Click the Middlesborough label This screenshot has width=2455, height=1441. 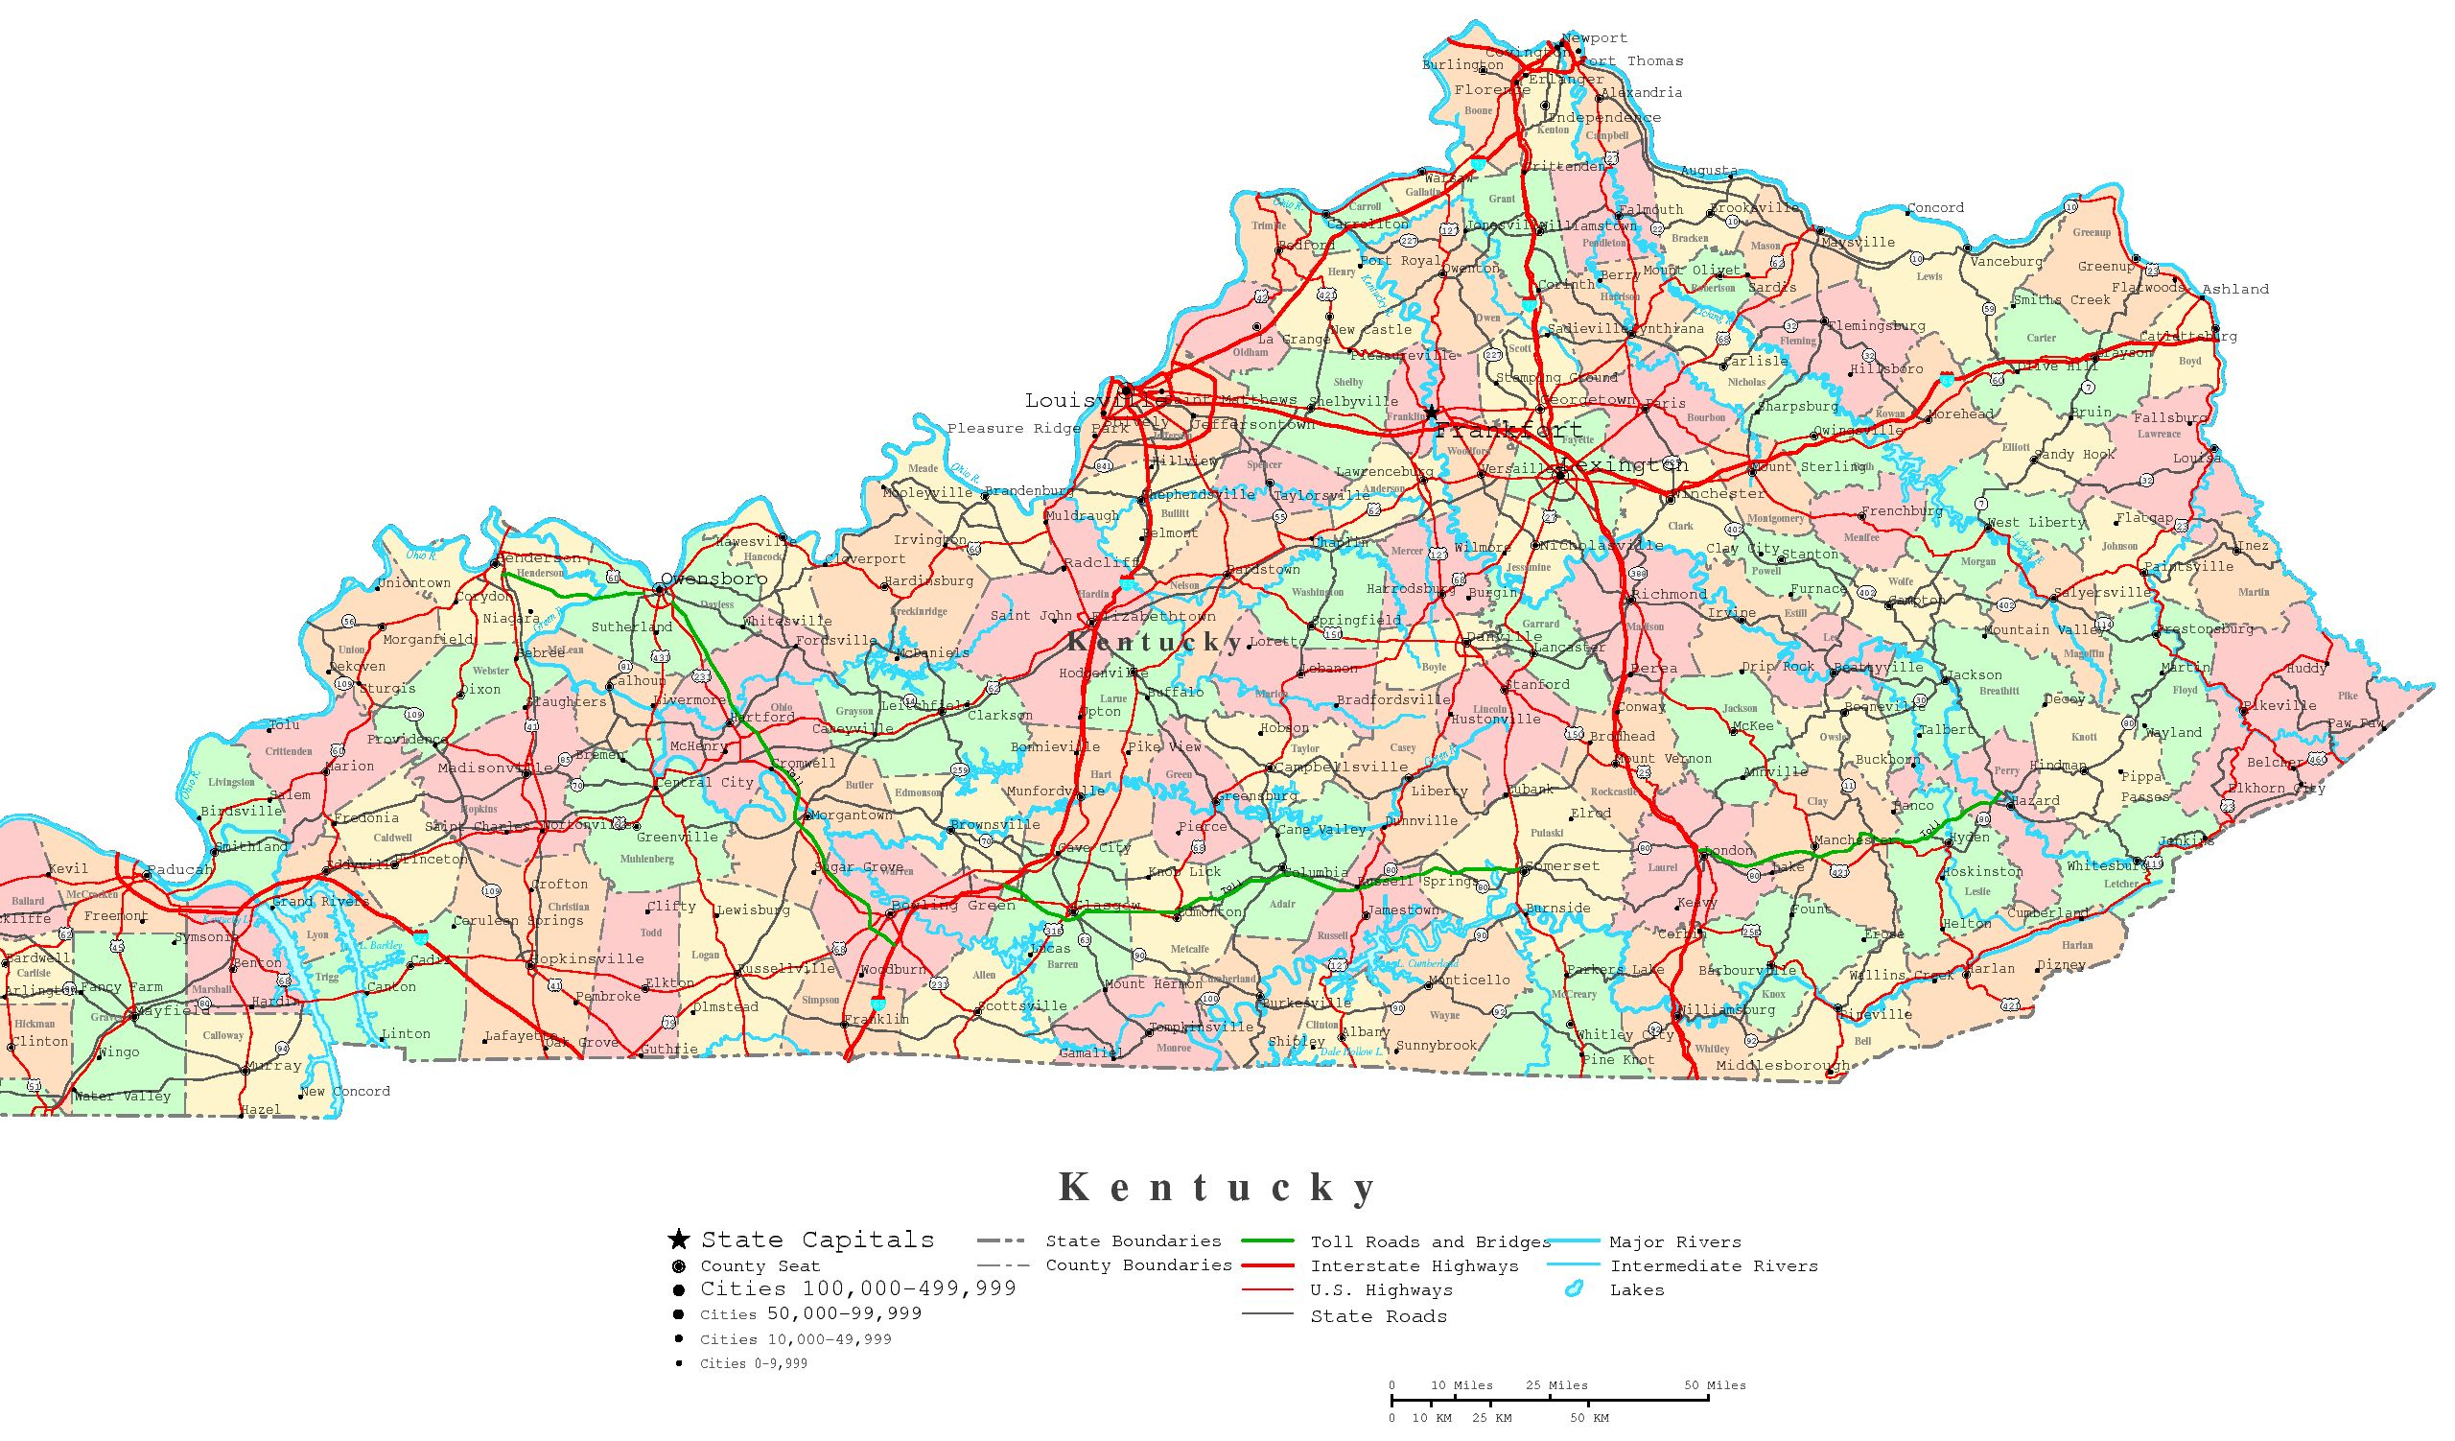coord(1782,1065)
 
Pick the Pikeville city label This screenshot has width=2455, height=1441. coord(2279,705)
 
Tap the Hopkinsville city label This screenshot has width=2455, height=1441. coord(592,958)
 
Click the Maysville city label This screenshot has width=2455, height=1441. coord(1858,242)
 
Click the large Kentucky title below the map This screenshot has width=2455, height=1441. coord(1218,1187)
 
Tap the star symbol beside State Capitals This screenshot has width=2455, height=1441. coord(678,1240)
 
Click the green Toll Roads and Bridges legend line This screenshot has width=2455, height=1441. coord(1268,1241)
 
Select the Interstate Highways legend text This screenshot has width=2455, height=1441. coord(1414,1265)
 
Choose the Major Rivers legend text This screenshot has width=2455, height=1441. coord(1674,1241)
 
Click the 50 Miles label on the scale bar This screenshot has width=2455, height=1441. coord(1715,1384)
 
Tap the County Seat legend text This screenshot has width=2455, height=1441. coord(760,1265)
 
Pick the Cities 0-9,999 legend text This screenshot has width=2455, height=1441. coord(753,1363)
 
